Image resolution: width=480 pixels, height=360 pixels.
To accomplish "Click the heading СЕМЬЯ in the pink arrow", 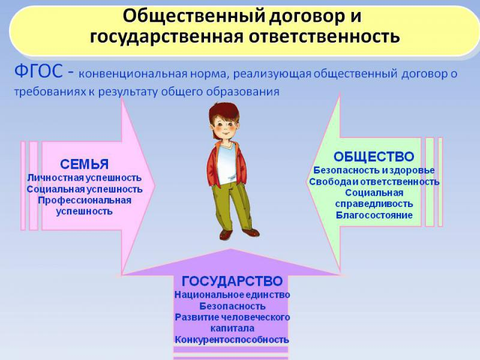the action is [84, 164].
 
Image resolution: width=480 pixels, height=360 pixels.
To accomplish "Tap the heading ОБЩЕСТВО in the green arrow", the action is [374, 157].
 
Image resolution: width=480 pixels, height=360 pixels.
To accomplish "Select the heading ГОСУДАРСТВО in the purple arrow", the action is [232, 281].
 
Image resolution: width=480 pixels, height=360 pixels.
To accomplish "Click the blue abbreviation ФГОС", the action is [38, 71].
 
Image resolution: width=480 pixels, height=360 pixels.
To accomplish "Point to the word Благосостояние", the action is [374, 215].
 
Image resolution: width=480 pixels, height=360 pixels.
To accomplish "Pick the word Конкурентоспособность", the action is [232, 340].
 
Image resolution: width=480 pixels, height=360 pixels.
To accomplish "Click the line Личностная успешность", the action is [85, 178].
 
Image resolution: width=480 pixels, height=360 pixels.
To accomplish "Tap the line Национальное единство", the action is [232, 295].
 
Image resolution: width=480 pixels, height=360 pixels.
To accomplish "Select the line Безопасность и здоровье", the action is [374, 170].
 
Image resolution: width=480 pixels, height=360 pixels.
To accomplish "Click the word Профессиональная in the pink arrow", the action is [85, 200].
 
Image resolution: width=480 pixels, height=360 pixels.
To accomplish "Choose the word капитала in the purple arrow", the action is [232, 328].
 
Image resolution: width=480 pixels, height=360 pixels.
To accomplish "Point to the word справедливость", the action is [374, 204].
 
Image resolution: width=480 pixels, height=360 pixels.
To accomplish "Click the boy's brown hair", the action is [223, 111].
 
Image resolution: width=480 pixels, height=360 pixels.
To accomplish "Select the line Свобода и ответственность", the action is [374, 182].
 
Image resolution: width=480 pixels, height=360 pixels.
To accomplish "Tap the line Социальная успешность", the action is [85, 189].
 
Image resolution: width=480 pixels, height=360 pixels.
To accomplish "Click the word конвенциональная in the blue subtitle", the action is [133, 74].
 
